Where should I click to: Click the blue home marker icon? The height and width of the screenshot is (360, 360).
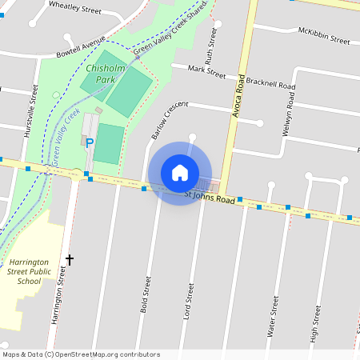[180, 173]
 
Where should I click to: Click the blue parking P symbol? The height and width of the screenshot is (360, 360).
[90, 143]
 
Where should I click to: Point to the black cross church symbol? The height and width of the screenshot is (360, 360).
[70, 259]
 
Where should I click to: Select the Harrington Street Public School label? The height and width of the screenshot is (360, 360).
[30, 271]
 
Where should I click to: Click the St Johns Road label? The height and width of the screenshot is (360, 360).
[210, 196]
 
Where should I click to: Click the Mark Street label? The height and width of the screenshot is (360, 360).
[206, 72]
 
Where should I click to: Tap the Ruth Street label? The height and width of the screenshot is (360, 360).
[211, 46]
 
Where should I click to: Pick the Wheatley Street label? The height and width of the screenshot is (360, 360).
[75, 10]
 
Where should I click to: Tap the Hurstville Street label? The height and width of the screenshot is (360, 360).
[33, 111]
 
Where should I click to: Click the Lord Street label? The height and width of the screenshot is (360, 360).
[190, 301]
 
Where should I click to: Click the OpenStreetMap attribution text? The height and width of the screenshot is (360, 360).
[81, 354]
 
